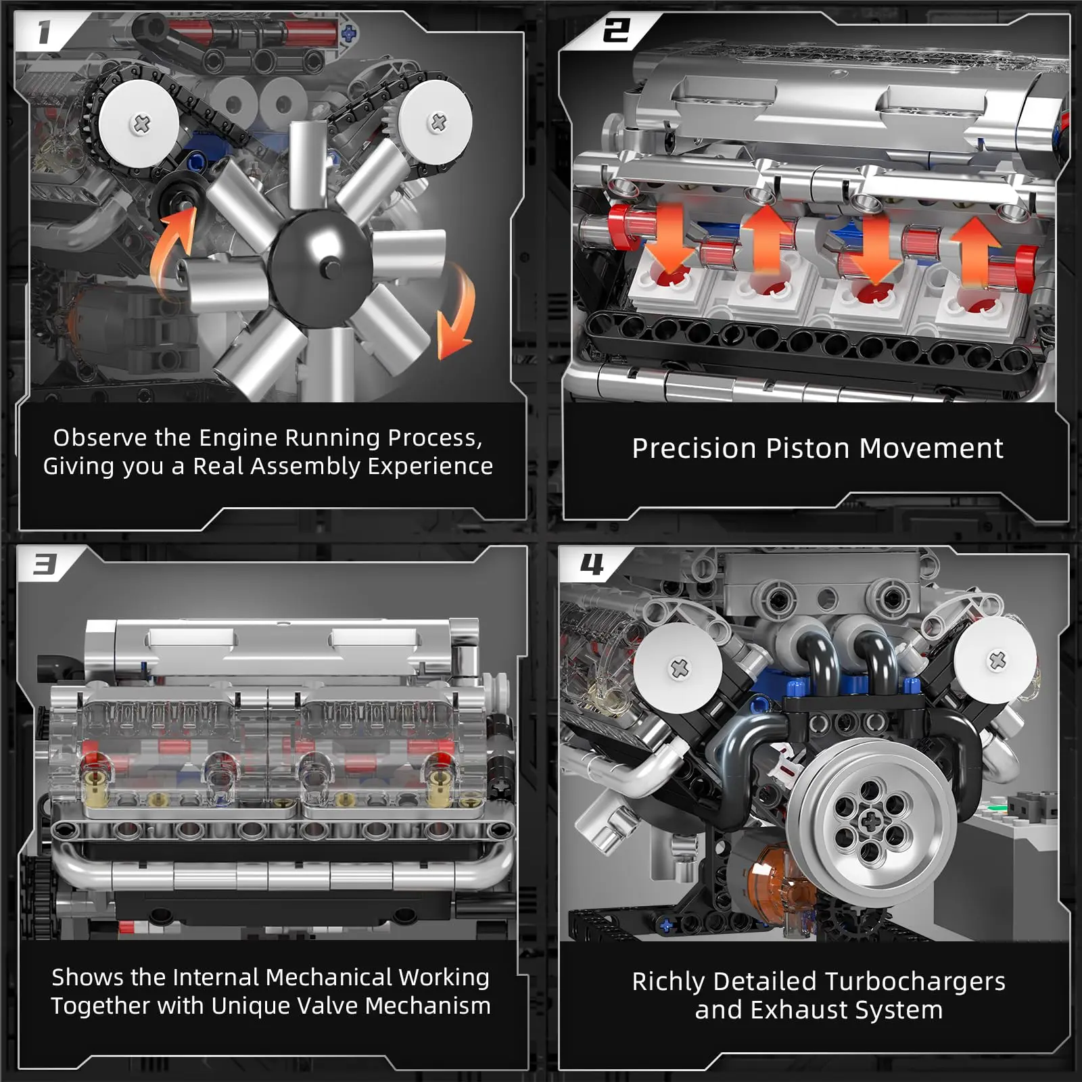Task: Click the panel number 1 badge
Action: coord(44,32)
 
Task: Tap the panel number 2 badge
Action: coord(615,31)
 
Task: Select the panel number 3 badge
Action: coord(45,564)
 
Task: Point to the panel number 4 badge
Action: coord(591,564)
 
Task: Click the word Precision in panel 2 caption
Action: coord(694,449)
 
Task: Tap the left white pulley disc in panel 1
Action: coord(140,124)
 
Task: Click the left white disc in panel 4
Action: coord(678,667)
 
